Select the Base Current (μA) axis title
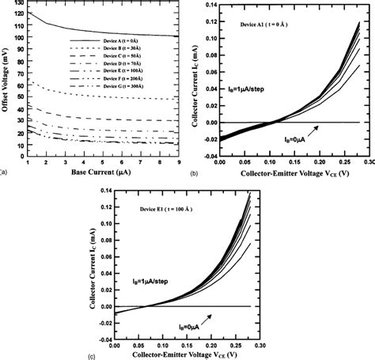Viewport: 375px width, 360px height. [x=100, y=172]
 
